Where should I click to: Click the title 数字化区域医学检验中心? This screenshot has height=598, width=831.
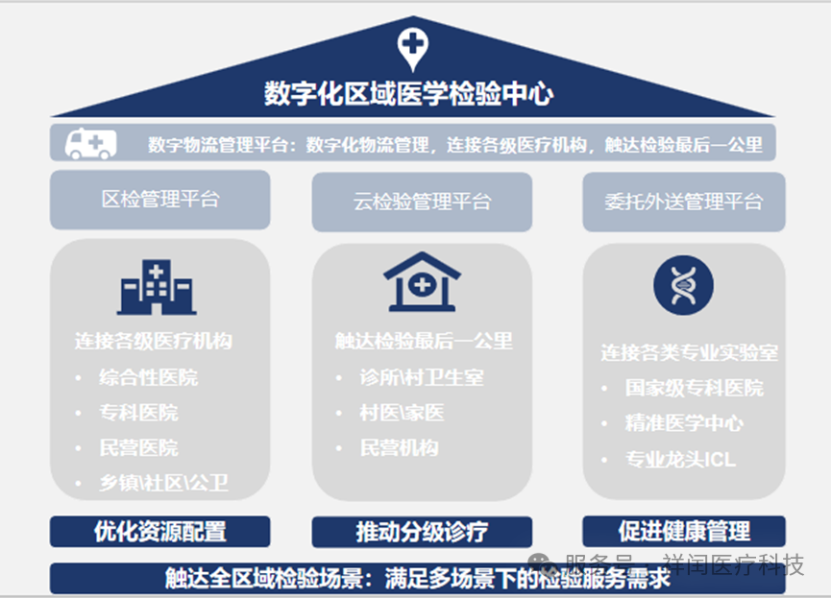pyautogui.click(x=409, y=93)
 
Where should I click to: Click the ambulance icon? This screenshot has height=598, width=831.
pyautogui.click(x=90, y=144)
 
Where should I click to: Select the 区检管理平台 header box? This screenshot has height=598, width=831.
pyautogui.click(x=160, y=200)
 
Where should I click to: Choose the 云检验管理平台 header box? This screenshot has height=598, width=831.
pyautogui.click(x=422, y=202)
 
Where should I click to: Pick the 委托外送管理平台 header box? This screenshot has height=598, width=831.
pyautogui.click(x=683, y=202)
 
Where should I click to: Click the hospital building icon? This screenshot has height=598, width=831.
pyautogui.click(x=157, y=286)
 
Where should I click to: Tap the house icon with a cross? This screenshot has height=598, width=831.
pyautogui.click(x=422, y=281)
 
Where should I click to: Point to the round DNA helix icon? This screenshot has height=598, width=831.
pyautogui.click(x=683, y=285)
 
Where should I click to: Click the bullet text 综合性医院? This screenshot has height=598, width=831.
pyautogui.click(x=148, y=377)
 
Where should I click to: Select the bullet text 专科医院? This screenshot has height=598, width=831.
pyautogui.click(x=138, y=413)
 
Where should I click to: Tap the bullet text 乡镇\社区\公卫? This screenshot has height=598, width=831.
pyautogui.click(x=163, y=482)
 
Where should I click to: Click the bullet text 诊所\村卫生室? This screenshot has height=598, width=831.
pyautogui.click(x=421, y=377)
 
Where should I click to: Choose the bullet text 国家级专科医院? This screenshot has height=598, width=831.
pyautogui.click(x=694, y=388)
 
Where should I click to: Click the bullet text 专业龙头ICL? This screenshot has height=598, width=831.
pyautogui.click(x=680, y=459)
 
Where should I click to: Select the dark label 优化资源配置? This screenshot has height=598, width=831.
pyautogui.click(x=159, y=531)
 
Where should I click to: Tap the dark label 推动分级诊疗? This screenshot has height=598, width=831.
pyautogui.click(x=422, y=531)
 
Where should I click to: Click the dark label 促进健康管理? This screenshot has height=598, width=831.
pyautogui.click(x=683, y=531)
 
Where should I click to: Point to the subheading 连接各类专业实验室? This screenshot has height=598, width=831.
pyautogui.click(x=689, y=352)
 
